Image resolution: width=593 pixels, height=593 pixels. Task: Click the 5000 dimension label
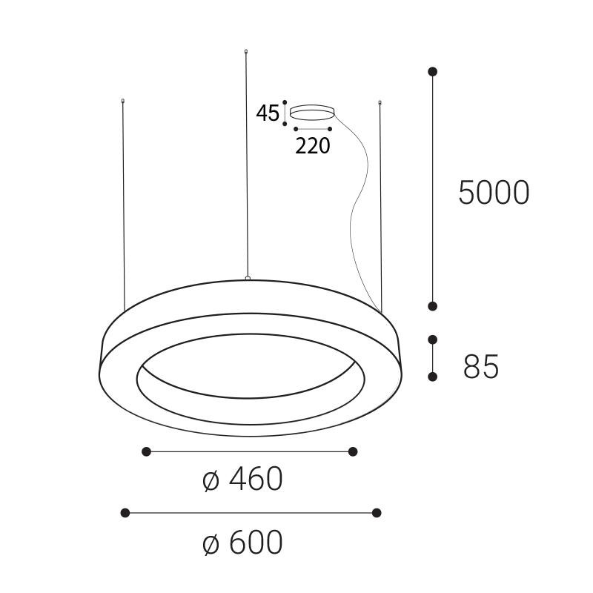[494, 193]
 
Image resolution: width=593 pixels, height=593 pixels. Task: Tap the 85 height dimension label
[481, 366]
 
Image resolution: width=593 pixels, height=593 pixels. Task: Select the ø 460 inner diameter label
[242, 480]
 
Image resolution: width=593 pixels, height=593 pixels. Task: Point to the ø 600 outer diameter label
[242, 543]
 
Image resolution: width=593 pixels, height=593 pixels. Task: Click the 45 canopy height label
[268, 113]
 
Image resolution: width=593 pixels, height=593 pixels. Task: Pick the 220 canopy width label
[312, 146]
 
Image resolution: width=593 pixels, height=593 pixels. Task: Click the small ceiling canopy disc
[312, 112]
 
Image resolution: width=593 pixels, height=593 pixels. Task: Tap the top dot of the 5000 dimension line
[433, 72]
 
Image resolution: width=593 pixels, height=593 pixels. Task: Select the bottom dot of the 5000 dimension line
[433, 306]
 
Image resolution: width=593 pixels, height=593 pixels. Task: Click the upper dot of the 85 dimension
[433, 339]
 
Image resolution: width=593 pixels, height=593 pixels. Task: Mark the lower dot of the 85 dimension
[433, 377]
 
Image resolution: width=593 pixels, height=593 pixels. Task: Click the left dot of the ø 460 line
[147, 451]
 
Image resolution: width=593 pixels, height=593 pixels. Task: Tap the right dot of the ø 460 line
[353, 451]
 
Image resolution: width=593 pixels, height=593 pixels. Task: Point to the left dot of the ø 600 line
[125, 513]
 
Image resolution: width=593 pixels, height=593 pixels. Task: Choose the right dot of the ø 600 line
[377, 513]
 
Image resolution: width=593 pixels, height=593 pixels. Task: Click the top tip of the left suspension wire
[123, 100]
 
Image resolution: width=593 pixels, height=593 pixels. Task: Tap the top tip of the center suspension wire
[246, 51]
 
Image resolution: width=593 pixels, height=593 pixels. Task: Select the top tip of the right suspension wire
[380, 102]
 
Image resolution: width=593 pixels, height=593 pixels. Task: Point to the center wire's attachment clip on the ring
[247, 279]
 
